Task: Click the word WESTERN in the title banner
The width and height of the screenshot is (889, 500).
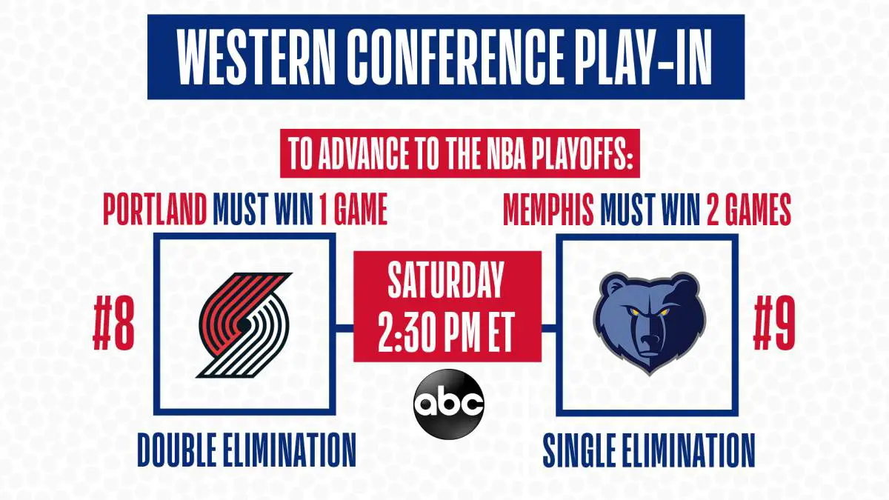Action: tap(255, 57)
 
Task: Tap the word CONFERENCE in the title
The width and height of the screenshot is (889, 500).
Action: tap(456, 57)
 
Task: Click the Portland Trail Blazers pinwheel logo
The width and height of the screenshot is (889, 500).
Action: tap(244, 325)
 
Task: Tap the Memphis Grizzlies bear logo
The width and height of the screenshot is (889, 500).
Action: tap(649, 322)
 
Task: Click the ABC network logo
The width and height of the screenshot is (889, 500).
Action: tap(448, 404)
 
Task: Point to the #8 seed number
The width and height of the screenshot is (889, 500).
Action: tap(114, 324)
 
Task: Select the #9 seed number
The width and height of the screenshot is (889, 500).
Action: tap(774, 324)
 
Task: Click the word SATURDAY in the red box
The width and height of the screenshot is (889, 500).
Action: tap(446, 280)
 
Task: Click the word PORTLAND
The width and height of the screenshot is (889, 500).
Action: tap(155, 209)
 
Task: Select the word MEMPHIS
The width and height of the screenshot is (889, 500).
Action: tap(548, 209)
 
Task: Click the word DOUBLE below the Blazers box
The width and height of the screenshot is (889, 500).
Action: tap(177, 450)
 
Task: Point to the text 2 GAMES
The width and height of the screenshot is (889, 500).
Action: tap(749, 209)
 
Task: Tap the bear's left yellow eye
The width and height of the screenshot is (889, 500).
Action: tap(635, 312)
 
